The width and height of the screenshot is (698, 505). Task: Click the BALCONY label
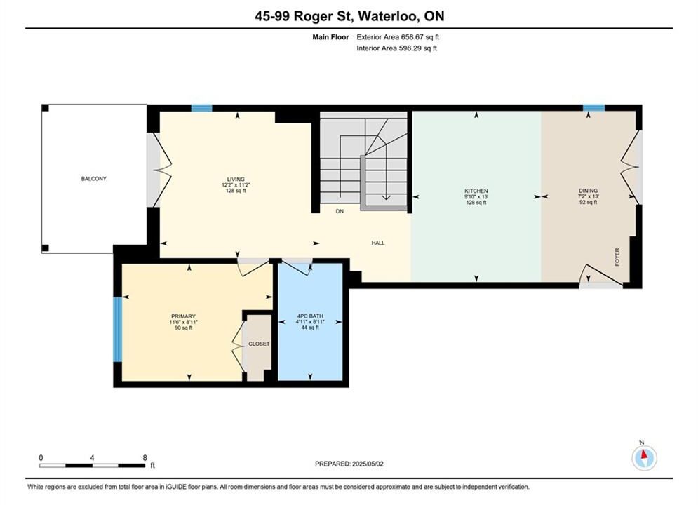point(93,179)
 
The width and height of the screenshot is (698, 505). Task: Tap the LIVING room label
point(236,180)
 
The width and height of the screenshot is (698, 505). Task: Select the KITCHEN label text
point(476,191)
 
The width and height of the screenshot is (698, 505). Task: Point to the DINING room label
point(588,191)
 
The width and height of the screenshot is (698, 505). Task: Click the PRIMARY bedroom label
point(183,316)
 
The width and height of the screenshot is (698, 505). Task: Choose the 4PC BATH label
point(310,316)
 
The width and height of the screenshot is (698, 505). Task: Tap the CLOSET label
point(259,344)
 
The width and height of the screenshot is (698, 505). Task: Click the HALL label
point(378,243)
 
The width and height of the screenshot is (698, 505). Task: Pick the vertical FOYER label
point(617,257)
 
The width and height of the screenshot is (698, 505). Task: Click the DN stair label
point(340,211)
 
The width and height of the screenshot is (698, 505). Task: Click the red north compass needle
point(643,454)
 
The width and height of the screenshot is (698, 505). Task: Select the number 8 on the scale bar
point(145,457)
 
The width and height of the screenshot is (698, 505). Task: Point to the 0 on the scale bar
point(41,457)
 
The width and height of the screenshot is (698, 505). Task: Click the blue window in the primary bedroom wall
point(117,329)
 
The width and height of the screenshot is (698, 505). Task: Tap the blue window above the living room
point(201,108)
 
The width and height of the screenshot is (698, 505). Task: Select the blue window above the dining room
point(594,108)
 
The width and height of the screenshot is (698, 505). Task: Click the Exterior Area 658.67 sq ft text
point(398,37)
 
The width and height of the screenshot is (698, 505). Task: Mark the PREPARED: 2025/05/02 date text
point(349,464)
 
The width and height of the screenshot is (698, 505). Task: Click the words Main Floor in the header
point(330,37)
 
